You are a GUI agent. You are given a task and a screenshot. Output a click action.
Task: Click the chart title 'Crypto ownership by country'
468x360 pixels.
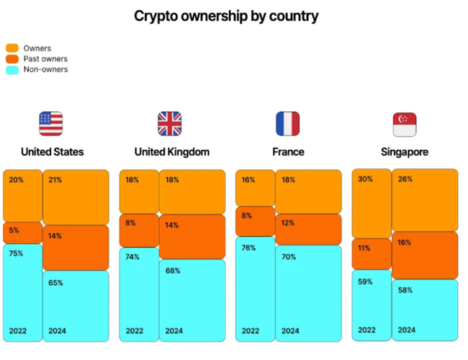[226, 15]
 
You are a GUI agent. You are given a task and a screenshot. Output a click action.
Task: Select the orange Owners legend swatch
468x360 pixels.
[12, 48]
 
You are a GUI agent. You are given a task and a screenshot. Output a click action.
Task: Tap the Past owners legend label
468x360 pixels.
[45, 59]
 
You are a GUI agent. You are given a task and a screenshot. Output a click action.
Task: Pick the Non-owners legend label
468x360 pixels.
[45, 70]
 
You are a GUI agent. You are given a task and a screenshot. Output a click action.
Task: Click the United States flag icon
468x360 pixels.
[51, 124]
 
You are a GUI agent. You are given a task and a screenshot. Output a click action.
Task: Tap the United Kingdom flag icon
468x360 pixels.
[170, 124]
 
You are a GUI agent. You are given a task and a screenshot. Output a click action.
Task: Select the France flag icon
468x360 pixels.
[288, 124]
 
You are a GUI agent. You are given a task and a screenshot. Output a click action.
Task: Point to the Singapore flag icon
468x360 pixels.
[405, 124]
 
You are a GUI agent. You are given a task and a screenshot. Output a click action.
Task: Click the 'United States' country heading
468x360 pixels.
[52, 152]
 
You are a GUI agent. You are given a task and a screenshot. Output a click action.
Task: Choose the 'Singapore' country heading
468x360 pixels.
[405, 152]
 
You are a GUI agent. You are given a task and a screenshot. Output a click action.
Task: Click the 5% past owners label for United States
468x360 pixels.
[14, 231]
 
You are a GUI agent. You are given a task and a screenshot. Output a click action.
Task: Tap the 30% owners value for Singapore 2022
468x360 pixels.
[365, 179]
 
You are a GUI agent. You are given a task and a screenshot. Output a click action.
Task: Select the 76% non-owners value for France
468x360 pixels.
[248, 248]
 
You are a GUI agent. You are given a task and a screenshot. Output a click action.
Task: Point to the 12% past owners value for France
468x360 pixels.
[288, 223]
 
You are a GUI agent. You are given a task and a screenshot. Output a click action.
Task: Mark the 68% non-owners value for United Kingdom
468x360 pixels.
[173, 271]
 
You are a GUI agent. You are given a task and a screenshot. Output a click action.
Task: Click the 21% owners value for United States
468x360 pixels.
[55, 180]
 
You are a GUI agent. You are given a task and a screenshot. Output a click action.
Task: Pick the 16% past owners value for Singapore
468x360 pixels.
[405, 243]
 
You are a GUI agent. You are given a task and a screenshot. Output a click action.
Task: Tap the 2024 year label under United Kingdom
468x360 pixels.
[174, 331]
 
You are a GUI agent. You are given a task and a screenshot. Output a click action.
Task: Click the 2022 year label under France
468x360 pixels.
[250, 331]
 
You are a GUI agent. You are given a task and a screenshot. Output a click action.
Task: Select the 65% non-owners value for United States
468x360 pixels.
[55, 283]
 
